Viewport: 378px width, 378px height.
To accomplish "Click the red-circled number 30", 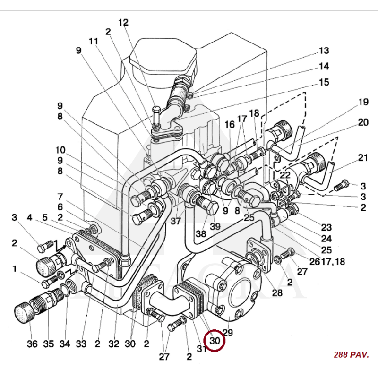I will click(215, 340).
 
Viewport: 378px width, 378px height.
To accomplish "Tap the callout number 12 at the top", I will click(123, 22).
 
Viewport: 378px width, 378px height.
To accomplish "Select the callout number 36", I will click(32, 344).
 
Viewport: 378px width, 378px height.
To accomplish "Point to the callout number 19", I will click(363, 102).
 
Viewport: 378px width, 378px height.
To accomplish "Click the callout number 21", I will click(363, 158).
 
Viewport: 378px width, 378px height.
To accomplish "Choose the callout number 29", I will click(228, 333).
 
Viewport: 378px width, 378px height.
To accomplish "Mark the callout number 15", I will click(324, 82).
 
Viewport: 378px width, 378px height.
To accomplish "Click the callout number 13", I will click(324, 51).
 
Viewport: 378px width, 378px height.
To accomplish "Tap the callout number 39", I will click(215, 227).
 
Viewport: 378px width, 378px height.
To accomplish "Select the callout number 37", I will click(176, 222).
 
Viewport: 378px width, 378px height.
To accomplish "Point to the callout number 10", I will click(60, 150).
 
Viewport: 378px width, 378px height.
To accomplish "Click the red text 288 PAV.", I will click(351, 354).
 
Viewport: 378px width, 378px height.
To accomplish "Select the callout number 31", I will click(202, 349).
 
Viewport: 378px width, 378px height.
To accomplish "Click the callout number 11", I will click(93, 41).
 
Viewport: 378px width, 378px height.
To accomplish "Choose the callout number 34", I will click(65, 344).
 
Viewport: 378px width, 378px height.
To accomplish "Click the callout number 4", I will click(29, 218).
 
